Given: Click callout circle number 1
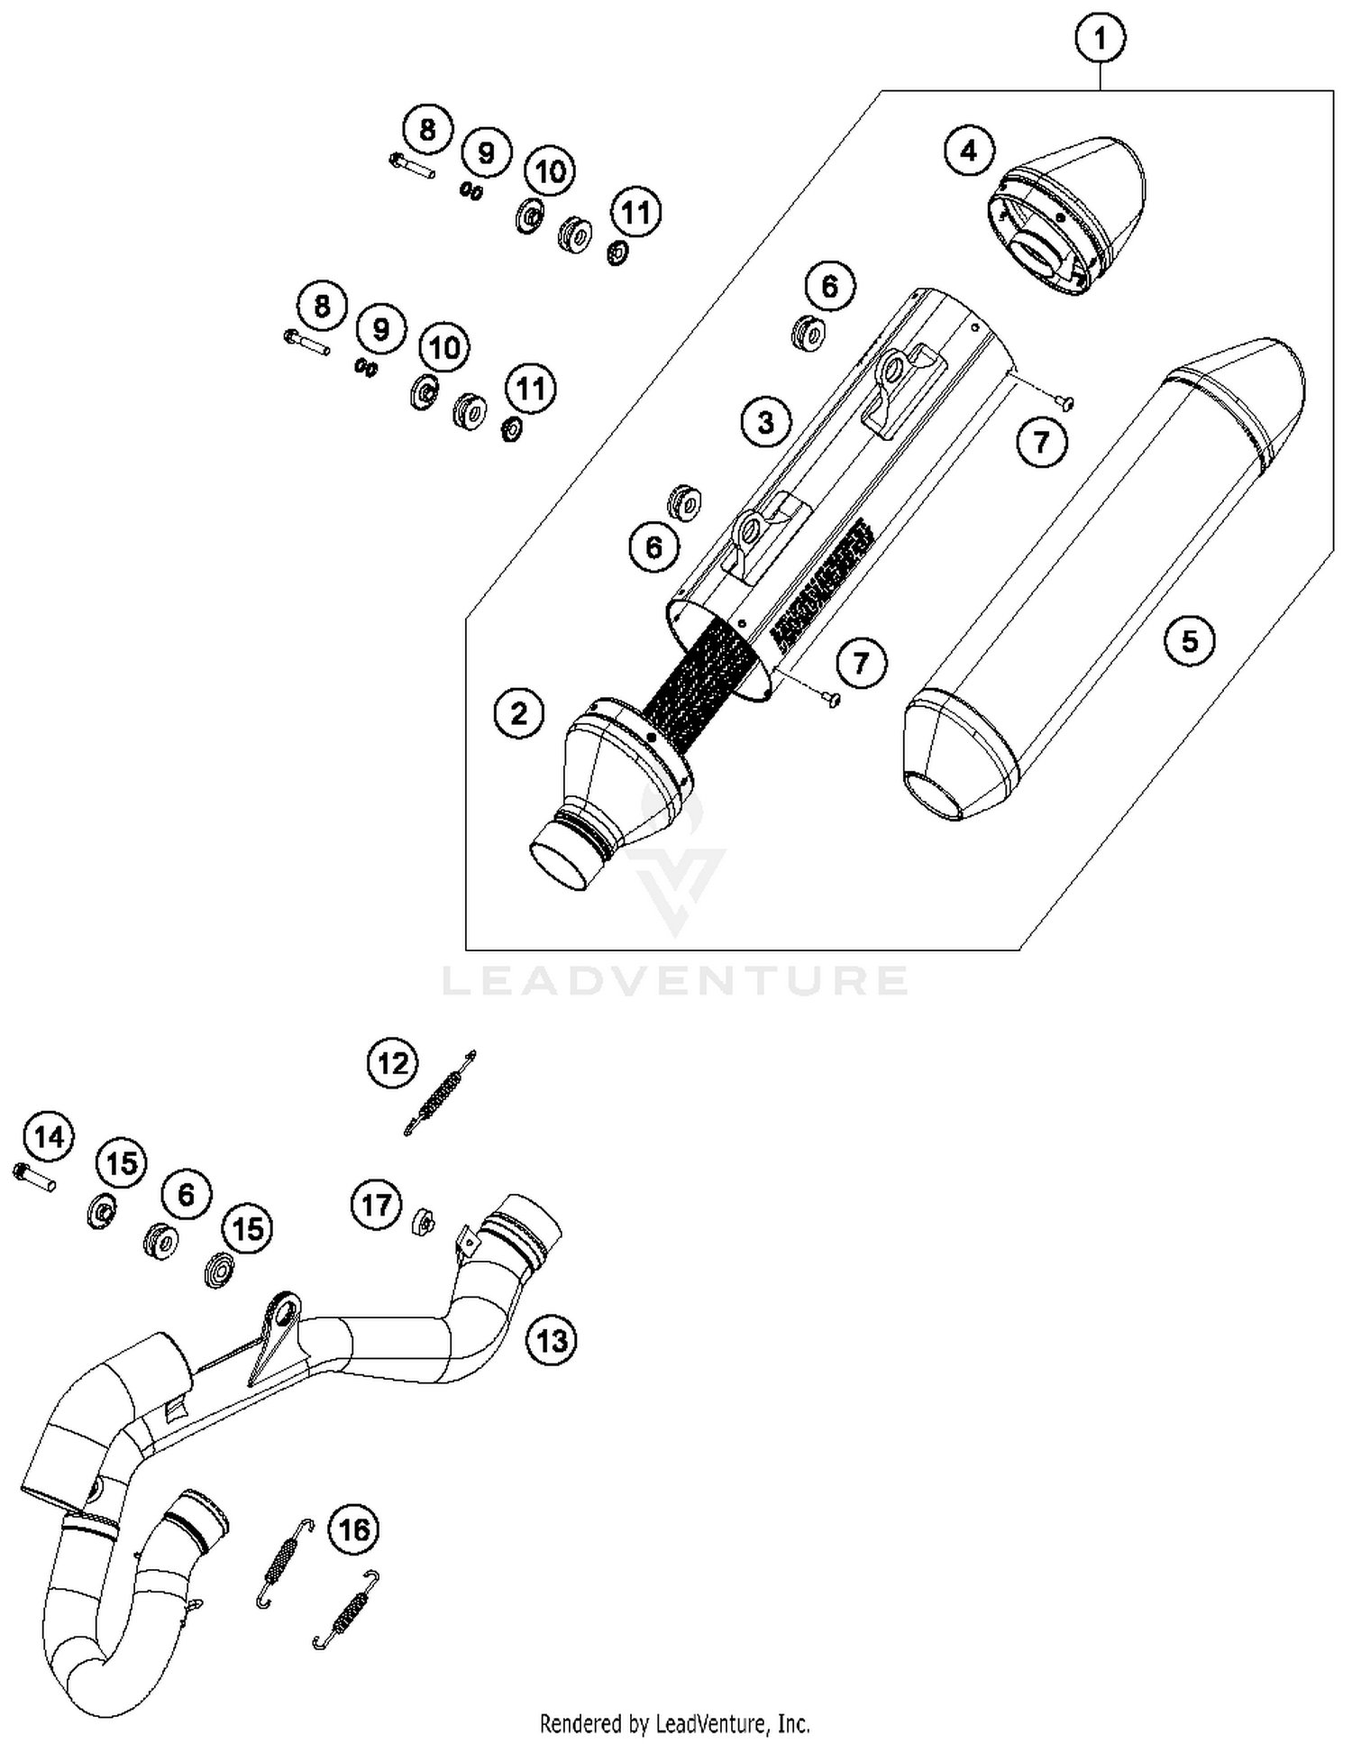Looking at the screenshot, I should [1100, 39].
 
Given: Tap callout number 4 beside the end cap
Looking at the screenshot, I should [969, 150].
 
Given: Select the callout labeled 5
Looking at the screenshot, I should [1190, 641].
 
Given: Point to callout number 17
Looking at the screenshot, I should [376, 1205].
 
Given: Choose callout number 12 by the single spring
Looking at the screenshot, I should [393, 1064].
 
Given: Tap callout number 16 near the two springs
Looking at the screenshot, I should [354, 1529].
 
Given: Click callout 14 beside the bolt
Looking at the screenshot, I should [50, 1137].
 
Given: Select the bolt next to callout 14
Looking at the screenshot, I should [35, 1176].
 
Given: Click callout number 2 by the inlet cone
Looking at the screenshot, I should [519, 713].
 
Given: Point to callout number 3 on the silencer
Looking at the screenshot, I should [766, 422].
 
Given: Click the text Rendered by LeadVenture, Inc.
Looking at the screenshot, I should [674, 1723].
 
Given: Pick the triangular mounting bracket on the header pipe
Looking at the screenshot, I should [272, 1336].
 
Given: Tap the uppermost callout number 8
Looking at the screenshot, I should [427, 130].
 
